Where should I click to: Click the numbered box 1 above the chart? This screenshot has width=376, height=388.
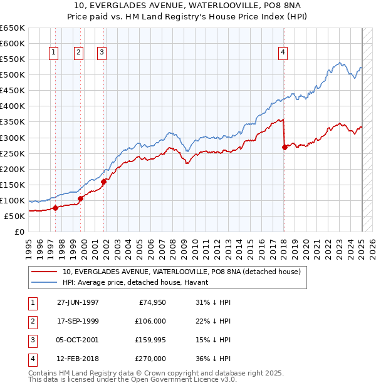(x=55, y=53)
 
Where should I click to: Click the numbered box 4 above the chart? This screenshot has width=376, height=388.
(x=283, y=53)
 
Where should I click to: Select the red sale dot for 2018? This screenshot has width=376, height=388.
(x=285, y=147)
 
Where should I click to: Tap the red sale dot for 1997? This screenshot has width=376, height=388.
(x=55, y=208)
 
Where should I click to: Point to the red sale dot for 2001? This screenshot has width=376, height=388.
(x=103, y=181)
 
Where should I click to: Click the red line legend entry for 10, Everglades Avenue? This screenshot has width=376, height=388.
(x=182, y=272)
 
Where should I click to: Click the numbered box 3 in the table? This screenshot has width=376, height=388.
(x=31, y=340)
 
